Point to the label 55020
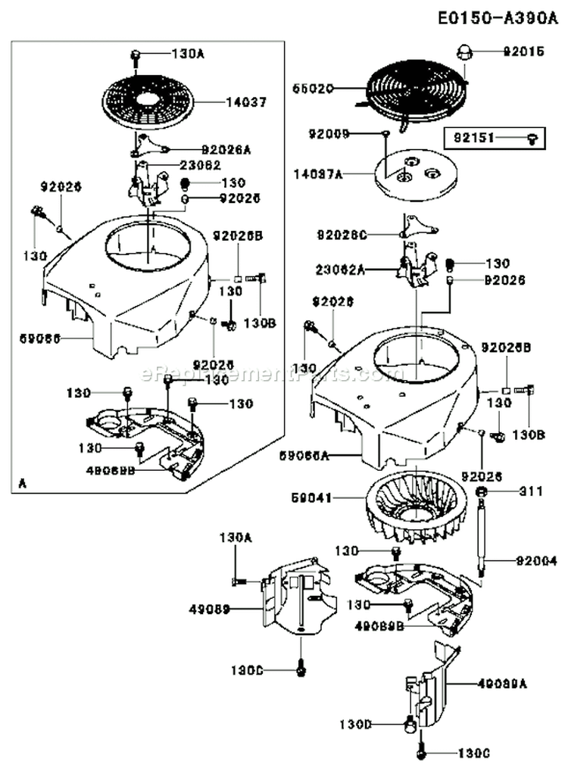click(x=313, y=88)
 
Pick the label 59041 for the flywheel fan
click(x=311, y=498)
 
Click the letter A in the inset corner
click(x=21, y=482)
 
